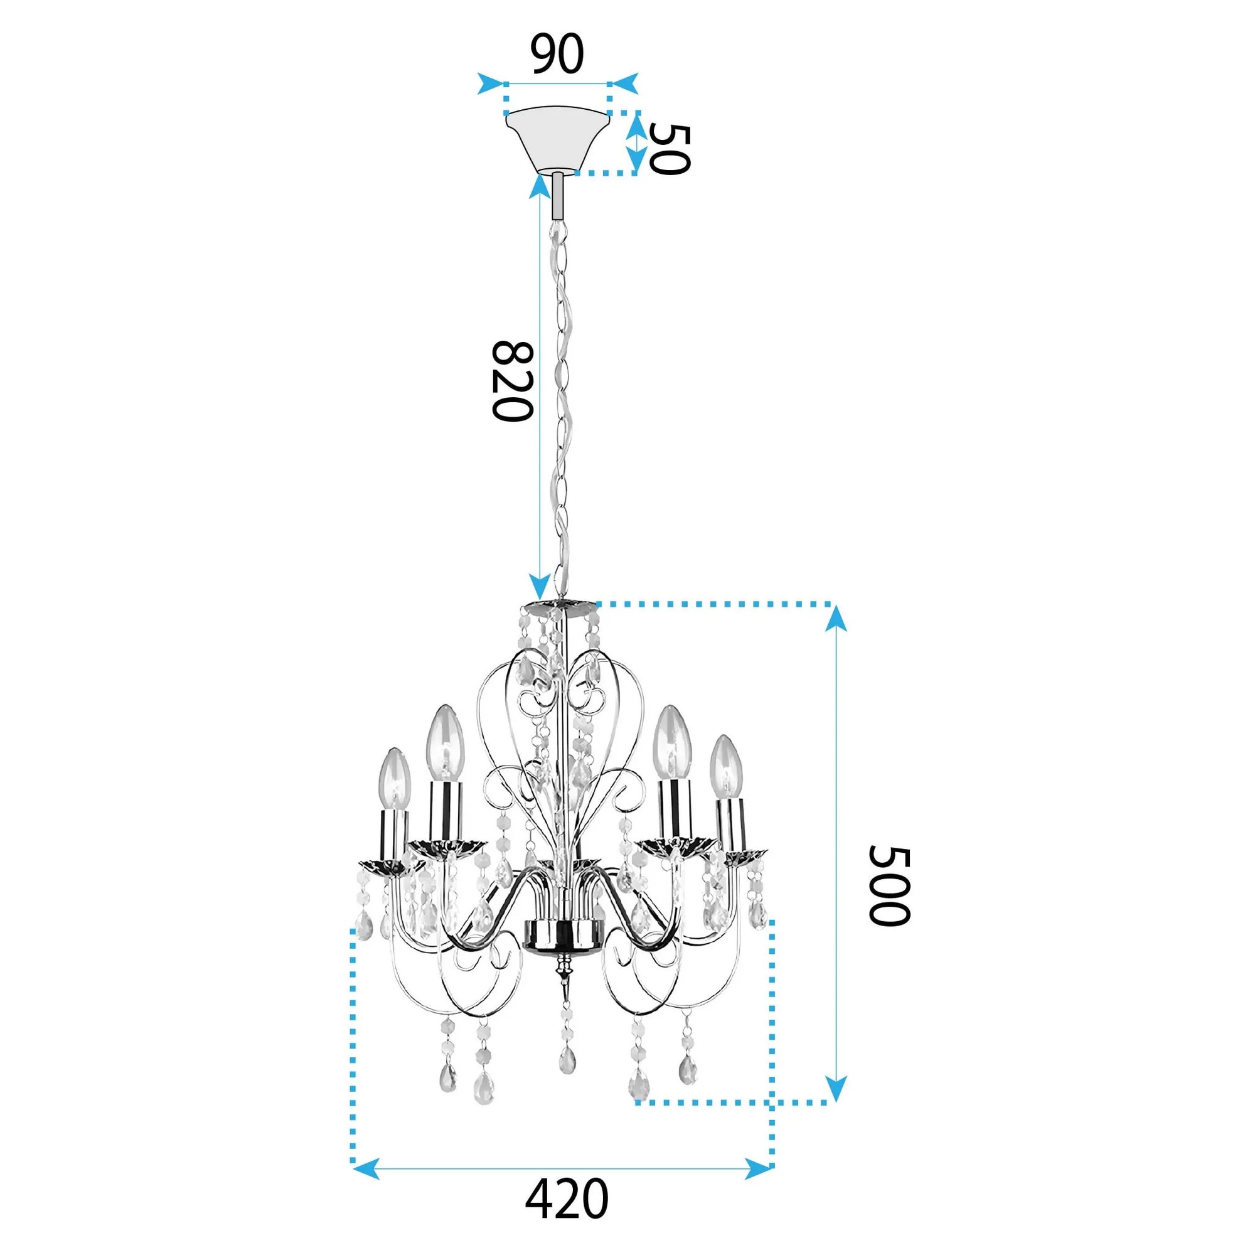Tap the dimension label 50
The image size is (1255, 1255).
coord(668,149)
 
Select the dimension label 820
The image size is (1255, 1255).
coord(513,382)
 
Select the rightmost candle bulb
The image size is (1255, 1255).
coord(726,767)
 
